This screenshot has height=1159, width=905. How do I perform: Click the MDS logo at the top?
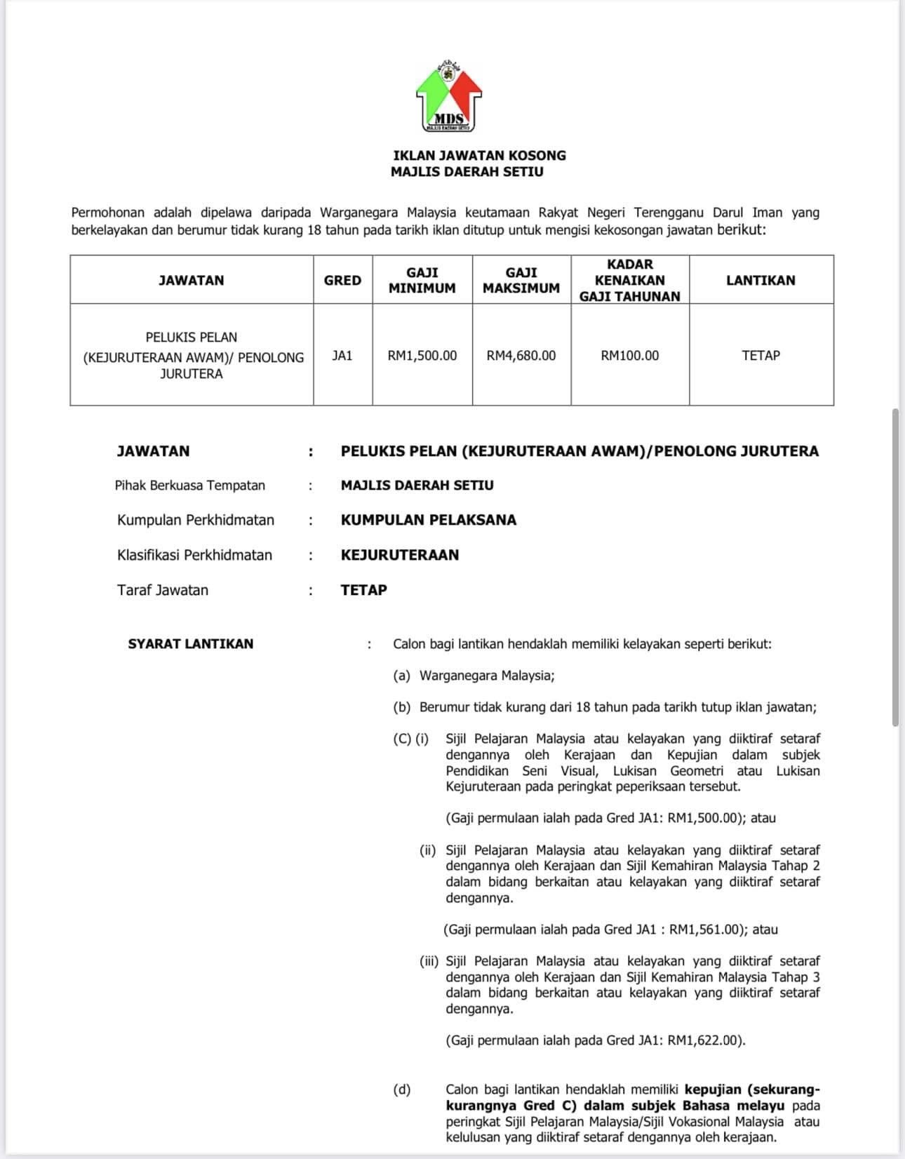449,96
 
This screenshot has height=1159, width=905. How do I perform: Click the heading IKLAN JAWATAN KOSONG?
479,155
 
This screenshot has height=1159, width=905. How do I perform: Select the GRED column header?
342,280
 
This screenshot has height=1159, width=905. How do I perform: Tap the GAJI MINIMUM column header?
422,280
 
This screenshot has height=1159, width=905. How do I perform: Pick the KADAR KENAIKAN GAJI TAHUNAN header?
629,280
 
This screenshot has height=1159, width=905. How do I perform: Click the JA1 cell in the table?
342,356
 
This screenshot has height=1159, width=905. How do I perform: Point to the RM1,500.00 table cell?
422,356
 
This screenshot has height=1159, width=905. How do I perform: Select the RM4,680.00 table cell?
521,356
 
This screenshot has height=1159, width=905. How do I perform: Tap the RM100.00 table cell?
629,356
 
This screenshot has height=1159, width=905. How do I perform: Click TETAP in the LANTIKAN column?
760,356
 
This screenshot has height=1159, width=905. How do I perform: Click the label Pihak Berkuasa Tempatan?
190,485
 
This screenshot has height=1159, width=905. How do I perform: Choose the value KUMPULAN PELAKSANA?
428,520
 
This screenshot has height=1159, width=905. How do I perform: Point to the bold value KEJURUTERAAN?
399,555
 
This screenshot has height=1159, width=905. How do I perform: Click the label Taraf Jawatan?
163,590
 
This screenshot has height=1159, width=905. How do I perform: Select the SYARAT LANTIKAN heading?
190,643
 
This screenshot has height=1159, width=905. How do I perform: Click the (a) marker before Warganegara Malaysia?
401,676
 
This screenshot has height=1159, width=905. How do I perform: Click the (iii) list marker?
429,961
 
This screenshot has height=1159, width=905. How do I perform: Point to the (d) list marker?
401,1090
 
